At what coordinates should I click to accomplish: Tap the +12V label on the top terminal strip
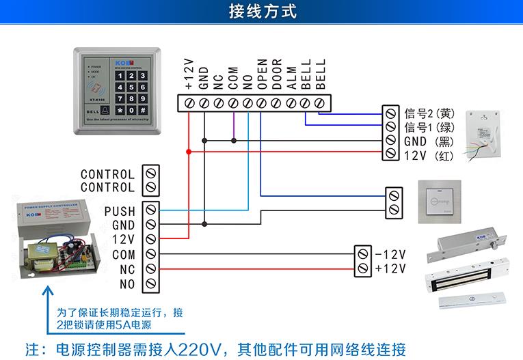(x=189, y=74)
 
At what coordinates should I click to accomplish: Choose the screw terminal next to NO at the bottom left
(x=150, y=283)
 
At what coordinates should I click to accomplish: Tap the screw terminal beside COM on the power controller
(x=150, y=254)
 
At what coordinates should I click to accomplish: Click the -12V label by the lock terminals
(x=390, y=254)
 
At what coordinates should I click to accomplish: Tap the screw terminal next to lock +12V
(x=363, y=268)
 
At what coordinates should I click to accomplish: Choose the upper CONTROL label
(x=107, y=175)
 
